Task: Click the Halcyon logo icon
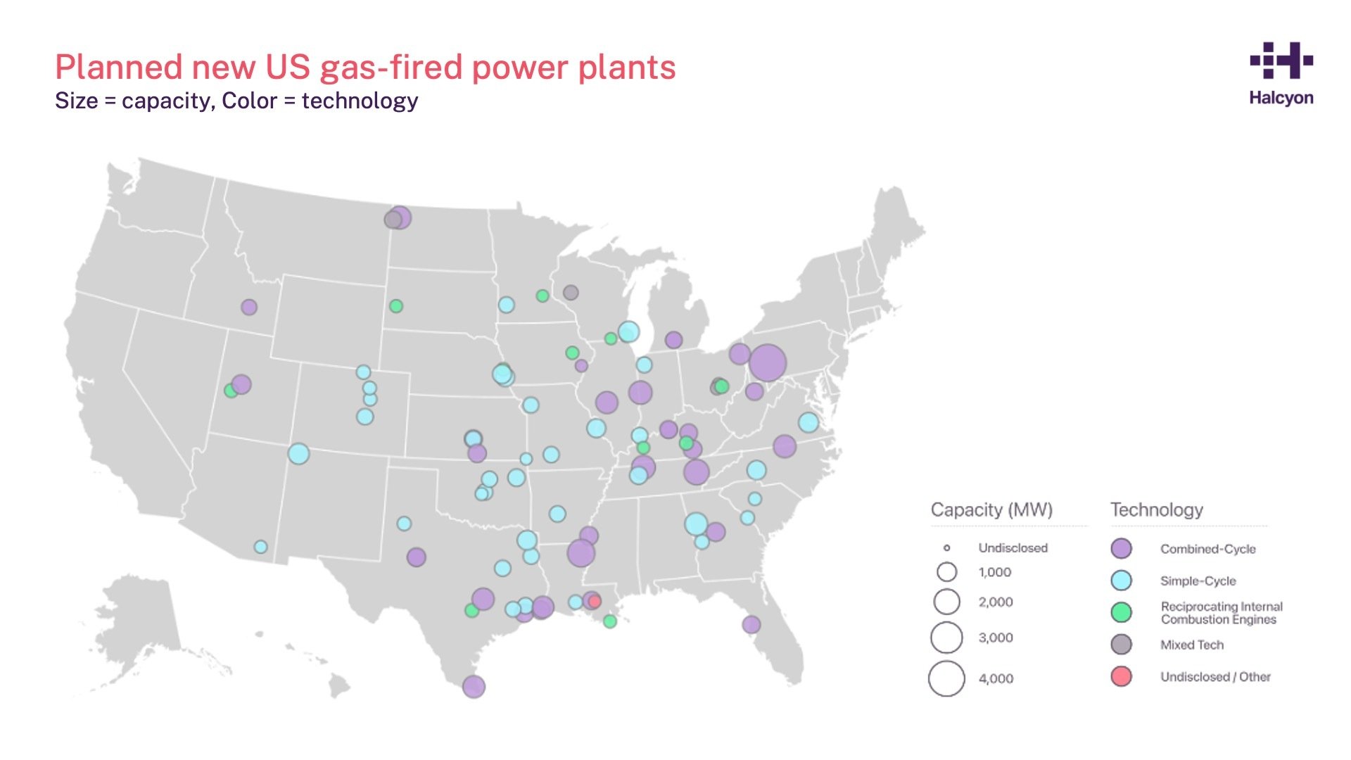(1281, 61)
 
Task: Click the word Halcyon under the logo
(1281, 98)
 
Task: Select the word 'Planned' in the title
(118, 68)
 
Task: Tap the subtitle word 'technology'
(360, 101)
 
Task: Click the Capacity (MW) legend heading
(991, 509)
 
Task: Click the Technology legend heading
(1157, 509)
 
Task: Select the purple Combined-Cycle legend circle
(1121, 549)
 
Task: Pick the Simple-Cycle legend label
(1198, 581)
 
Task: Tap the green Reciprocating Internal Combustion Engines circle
(1121, 612)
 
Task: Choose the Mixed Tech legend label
(1192, 645)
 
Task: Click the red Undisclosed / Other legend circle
(1121, 676)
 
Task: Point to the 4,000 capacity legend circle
(946, 678)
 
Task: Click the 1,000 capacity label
(994, 572)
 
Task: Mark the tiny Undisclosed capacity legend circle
(946, 547)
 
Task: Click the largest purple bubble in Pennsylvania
(767, 362)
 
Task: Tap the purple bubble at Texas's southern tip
(474, 686)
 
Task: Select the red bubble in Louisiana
(595, 601)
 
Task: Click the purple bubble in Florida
(751, 624)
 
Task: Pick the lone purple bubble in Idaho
(249, 307)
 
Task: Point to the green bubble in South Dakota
(396, 306)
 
